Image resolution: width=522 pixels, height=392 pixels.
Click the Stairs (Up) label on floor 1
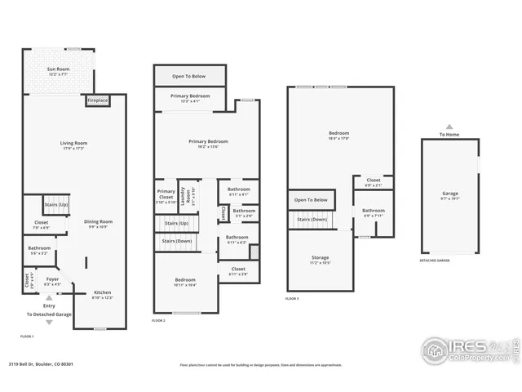click(x=55, y=204)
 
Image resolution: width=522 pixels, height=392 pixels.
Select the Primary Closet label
click(x=166, y=197)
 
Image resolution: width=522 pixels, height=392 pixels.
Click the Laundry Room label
click(x=189, y=196)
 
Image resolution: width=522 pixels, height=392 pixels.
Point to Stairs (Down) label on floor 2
click(x=178, y=241)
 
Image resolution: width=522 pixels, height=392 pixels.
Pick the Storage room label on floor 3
click(x=320, y=260)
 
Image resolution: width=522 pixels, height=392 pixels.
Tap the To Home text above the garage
click(x=449, y=135)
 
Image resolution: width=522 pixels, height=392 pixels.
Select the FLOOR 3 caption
click(x=292, y=300)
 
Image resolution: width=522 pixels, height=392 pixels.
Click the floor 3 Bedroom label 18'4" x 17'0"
click(x=339, y=136)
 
